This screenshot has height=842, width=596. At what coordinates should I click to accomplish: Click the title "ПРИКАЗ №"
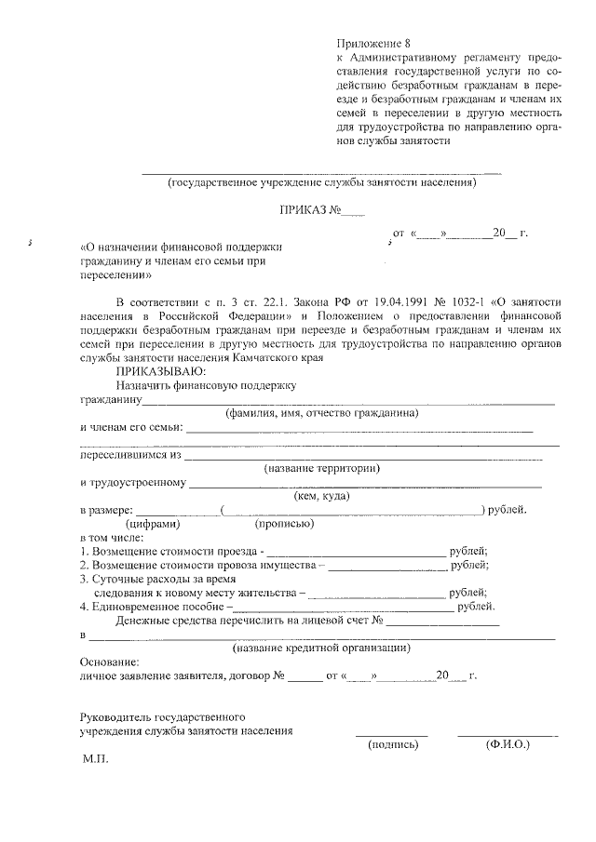click(311, 210)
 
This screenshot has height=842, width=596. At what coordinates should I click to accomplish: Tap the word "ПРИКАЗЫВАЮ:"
click(154, 370)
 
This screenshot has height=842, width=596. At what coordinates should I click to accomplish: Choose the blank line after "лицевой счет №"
click(443, 621)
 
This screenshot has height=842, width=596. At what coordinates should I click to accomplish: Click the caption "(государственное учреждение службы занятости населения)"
click(321, 182)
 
